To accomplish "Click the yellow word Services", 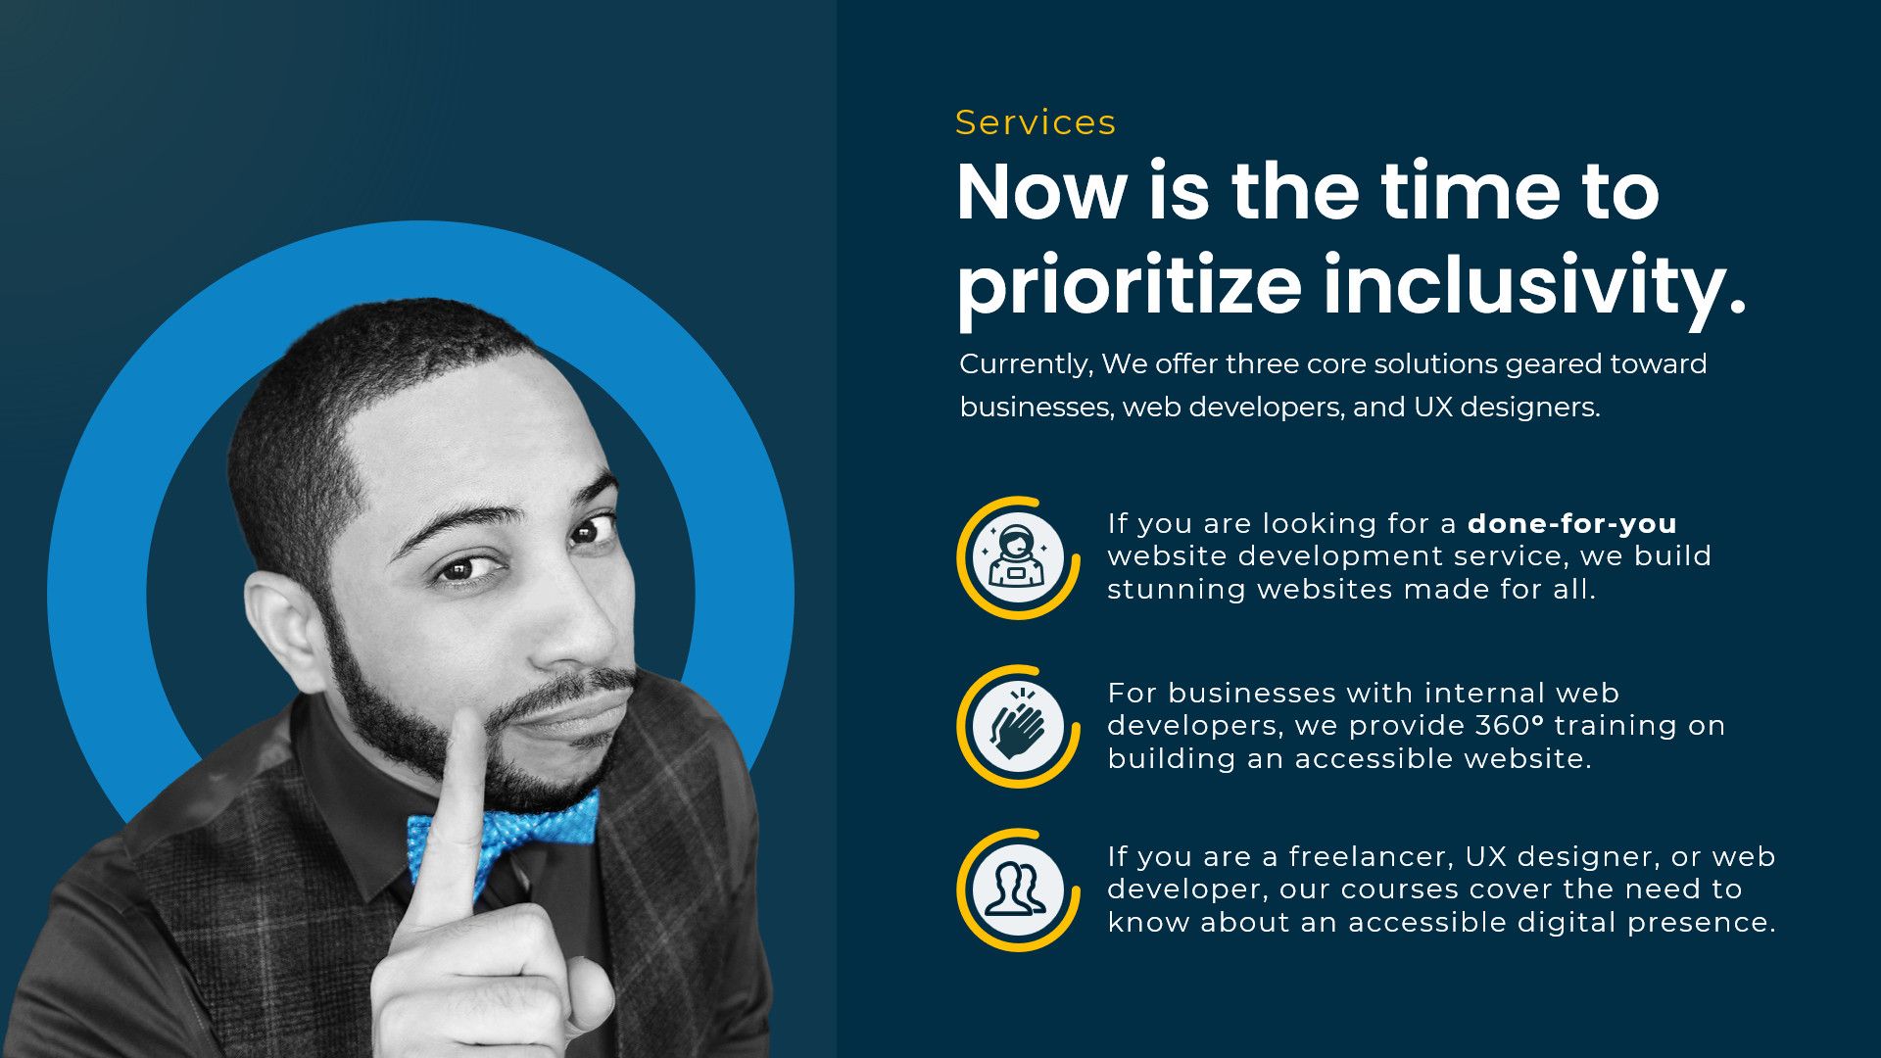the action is coord(1036,122).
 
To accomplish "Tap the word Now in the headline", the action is coord(1041,191).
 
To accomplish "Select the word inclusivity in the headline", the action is coord(1535,284).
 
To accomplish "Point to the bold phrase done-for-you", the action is coord(1572,523).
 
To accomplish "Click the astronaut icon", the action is coord(1018,556).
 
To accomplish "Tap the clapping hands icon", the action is coord(1018,725).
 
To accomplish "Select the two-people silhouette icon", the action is coord(1016,889).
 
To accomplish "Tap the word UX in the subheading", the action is coord(1431,408).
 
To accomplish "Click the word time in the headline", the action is coord(1471,191).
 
